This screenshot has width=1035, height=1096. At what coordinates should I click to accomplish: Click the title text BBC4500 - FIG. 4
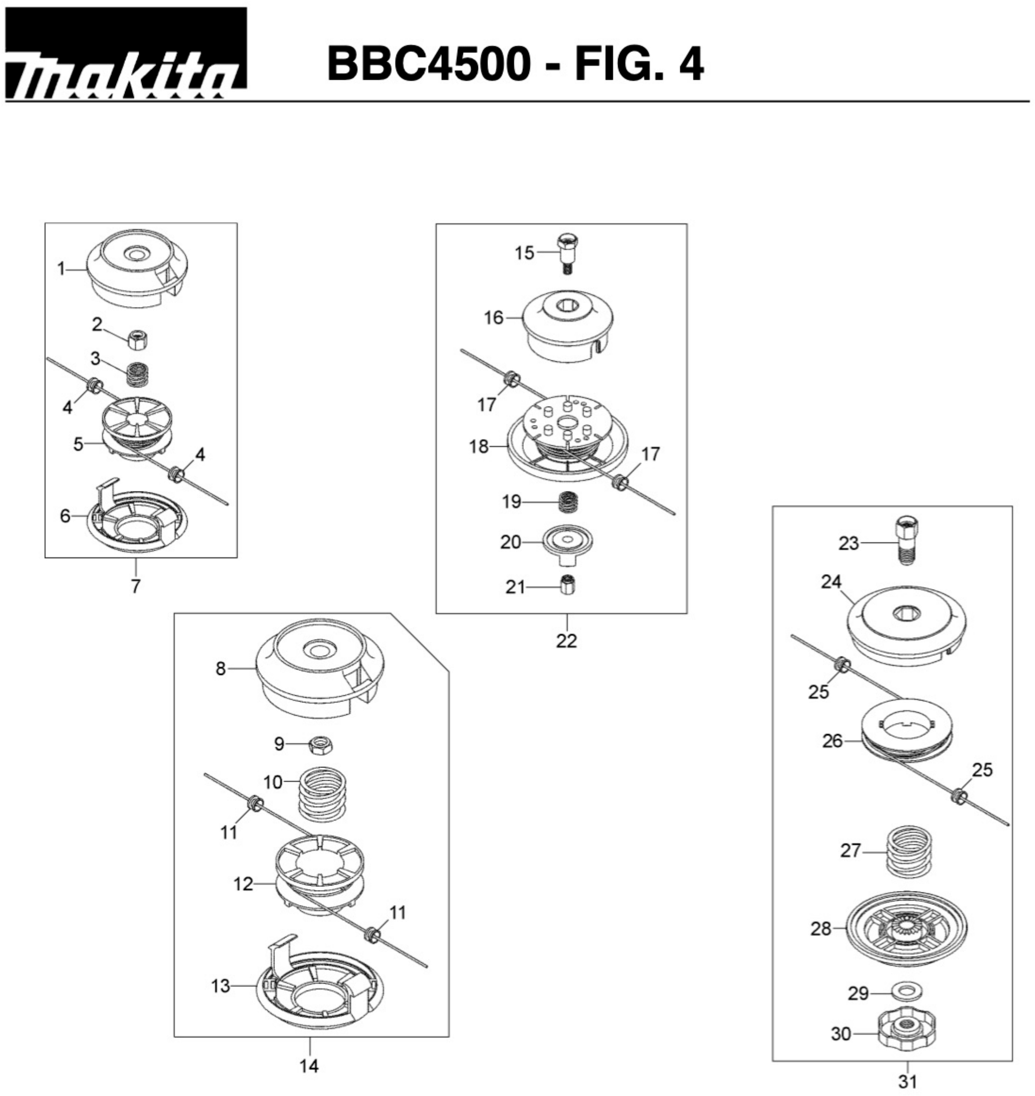[515, 65]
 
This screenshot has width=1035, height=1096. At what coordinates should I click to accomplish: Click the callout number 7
[136, 586]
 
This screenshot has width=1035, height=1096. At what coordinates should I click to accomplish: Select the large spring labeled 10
[325, 793]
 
